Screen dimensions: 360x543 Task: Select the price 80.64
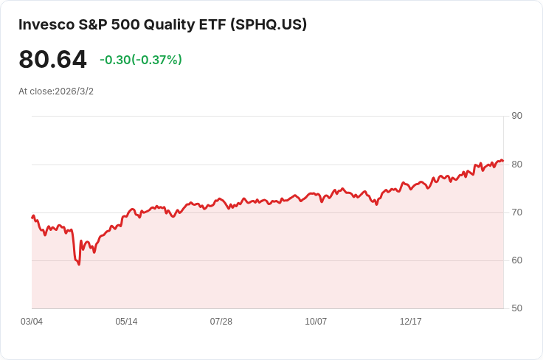click(52, 60)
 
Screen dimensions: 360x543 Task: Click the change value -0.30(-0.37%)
click(140, 60)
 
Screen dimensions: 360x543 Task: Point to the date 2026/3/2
click(74, 91)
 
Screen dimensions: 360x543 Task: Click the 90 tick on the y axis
click(516, 116)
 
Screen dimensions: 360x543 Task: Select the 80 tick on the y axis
click(516, 165)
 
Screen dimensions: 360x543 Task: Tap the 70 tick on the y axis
click(516, 212)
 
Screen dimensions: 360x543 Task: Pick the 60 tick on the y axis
click(516, 260)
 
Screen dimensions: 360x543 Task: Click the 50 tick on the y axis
click(516, 308)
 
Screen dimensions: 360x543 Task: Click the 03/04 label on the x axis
click(32, 322)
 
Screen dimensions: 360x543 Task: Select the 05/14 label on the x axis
click(126, 322)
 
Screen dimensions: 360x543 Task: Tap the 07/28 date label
click(221, 322)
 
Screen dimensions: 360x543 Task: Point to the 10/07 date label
click(316, 322)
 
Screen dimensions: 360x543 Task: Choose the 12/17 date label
click(410, 322)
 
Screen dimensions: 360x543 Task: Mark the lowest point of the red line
click(79, 264)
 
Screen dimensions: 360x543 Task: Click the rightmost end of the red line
click(502, 161)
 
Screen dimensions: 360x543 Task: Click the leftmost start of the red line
click(32, 217)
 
